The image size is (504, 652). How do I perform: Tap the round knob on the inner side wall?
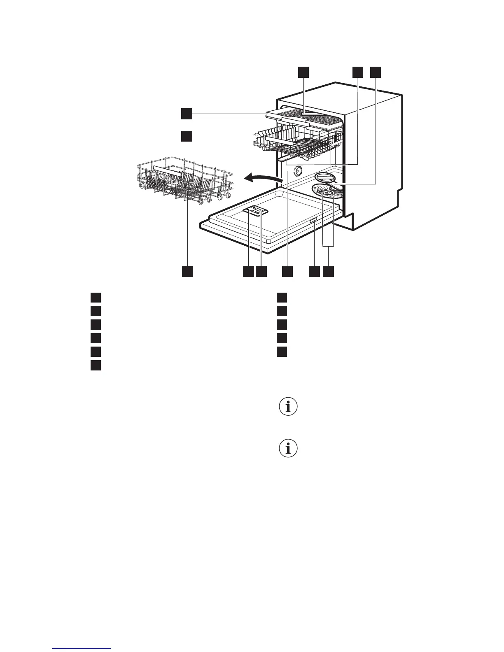[295, 172]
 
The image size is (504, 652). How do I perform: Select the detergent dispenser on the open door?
[256, 210]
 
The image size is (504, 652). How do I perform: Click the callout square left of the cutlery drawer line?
[187, 114]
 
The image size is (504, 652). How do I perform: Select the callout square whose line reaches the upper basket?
[187, 136]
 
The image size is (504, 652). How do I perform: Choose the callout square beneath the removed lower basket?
[187, 271]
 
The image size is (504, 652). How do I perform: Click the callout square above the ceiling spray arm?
[303, 72]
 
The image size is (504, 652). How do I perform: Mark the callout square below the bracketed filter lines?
[328, 271]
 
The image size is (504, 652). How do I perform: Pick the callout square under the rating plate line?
[314, 271]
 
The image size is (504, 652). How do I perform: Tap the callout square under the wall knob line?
[287, 271]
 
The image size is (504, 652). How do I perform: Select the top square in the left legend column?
[96, 297]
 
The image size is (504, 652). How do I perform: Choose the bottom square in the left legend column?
[96, 365]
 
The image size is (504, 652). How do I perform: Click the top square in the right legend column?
[281, 297]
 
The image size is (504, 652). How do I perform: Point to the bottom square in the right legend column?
[281, 352]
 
